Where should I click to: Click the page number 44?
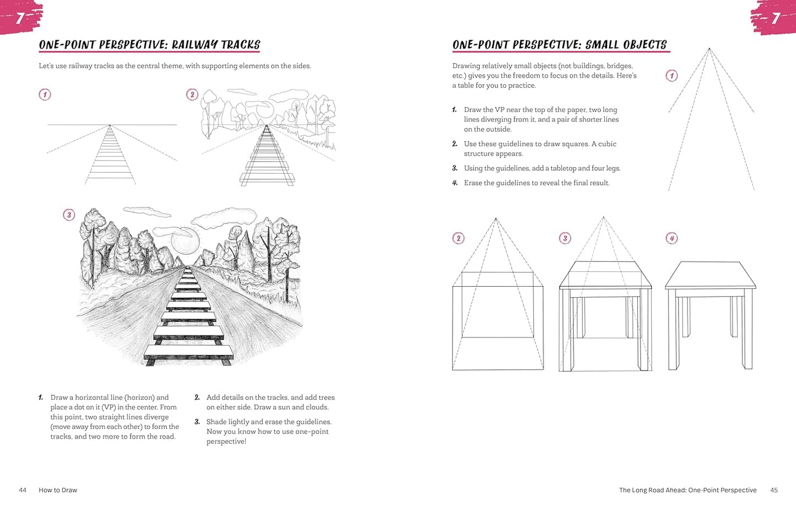tap(23, 490)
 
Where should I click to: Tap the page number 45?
tap(774, 490)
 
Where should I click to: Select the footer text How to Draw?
tap(58, 490)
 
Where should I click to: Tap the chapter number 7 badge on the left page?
tap(20, 17)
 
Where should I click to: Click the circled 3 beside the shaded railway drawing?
tap(69, 215)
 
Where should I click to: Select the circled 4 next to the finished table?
tap(672, 238)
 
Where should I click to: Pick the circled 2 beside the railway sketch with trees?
tap(192, 95)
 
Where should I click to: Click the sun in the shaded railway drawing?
tap(185, 241)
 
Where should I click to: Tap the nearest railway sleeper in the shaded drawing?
tap(189, 352)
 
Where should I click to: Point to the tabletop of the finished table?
tap(711, 275)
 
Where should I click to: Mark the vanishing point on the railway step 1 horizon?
tap(110, 125)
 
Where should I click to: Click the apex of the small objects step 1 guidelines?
tap(710, 49)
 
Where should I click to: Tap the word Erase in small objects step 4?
tap(473, 183)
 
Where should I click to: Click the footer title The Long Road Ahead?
tap(652, 490)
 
